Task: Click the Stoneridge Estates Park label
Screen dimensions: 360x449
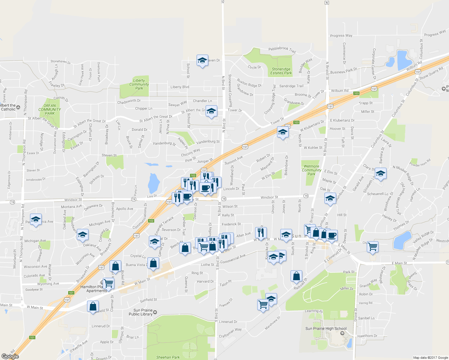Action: (281, 71)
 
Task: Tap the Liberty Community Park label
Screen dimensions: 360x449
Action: (139, 84)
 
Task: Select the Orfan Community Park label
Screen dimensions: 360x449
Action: (50, 109)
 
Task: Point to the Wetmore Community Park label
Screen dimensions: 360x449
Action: (312, 170)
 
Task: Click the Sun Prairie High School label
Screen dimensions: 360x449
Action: (326, 328)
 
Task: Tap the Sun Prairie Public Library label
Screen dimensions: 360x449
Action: (143, 312)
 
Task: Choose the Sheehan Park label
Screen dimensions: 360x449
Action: (168, 357)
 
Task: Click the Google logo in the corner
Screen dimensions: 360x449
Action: (10, 356)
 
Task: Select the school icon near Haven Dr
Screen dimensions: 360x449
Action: (202, 60)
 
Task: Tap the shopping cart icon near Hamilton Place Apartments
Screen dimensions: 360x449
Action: (108, 283)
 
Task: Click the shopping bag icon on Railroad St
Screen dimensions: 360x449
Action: (296, 275)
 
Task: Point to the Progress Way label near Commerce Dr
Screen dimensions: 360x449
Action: (341, 35)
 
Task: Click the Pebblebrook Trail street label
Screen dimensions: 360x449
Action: (282, 49)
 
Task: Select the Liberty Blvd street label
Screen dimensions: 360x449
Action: (180, 87)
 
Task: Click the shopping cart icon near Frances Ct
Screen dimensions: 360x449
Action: (263, 304)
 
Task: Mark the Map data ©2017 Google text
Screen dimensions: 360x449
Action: (430, 358)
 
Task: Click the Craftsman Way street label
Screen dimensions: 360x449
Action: (230, 332)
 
